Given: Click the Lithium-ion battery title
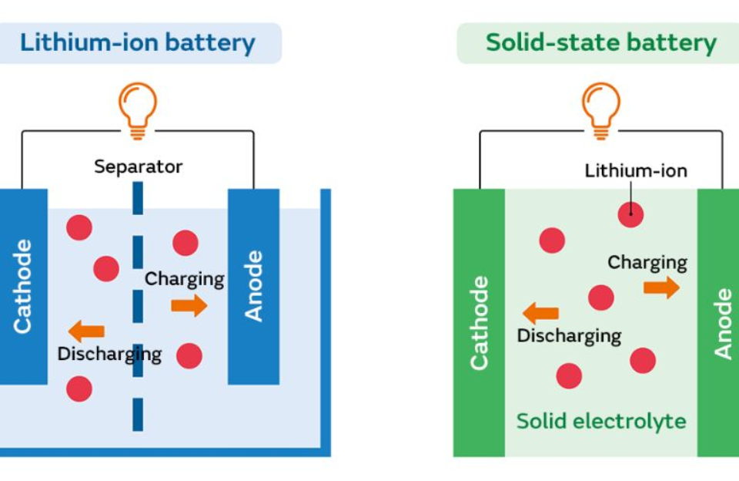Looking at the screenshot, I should point(138,42).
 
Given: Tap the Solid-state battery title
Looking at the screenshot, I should point(600,42).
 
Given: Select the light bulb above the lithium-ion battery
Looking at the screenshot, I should point(138,109).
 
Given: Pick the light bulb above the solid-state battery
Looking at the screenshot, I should point(600,109).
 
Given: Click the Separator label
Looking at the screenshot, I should point(139,166).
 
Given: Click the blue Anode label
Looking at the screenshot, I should point(253,286).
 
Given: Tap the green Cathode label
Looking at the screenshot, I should point(479,323).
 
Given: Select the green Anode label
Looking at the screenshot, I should point(723,324).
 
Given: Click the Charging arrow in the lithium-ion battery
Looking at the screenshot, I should point(189,305).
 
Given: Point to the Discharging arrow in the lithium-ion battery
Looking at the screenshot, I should point(86,331).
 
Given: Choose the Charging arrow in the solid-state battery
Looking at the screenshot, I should point(661,288).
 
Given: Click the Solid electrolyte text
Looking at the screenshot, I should point(600,421).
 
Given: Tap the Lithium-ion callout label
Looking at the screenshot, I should point(636,170).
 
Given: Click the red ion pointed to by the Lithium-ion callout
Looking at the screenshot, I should point(630,214).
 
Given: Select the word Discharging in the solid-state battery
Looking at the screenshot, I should point(569,336).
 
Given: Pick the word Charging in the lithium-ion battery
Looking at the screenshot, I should point(185,279).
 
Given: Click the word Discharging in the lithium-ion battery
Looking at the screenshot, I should point(109,355).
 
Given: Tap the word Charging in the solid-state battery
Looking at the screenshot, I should point(647,263).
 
